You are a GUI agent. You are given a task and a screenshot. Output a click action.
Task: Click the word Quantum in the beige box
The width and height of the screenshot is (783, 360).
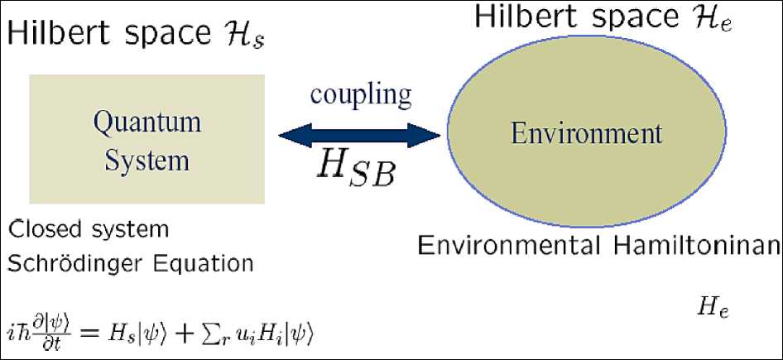point(147,123)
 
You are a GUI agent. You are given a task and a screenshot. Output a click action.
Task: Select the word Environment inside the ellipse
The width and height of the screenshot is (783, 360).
point(587,133)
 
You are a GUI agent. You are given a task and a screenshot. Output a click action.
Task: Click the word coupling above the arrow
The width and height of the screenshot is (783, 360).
point(361,94)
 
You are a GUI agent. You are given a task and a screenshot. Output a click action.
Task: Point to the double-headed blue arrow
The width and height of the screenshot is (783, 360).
point(359,132)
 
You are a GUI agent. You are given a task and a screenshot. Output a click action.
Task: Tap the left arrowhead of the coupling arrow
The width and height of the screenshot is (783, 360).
point(290,132)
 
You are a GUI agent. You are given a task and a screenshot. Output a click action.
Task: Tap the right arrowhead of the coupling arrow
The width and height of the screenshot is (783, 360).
point(428,132)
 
